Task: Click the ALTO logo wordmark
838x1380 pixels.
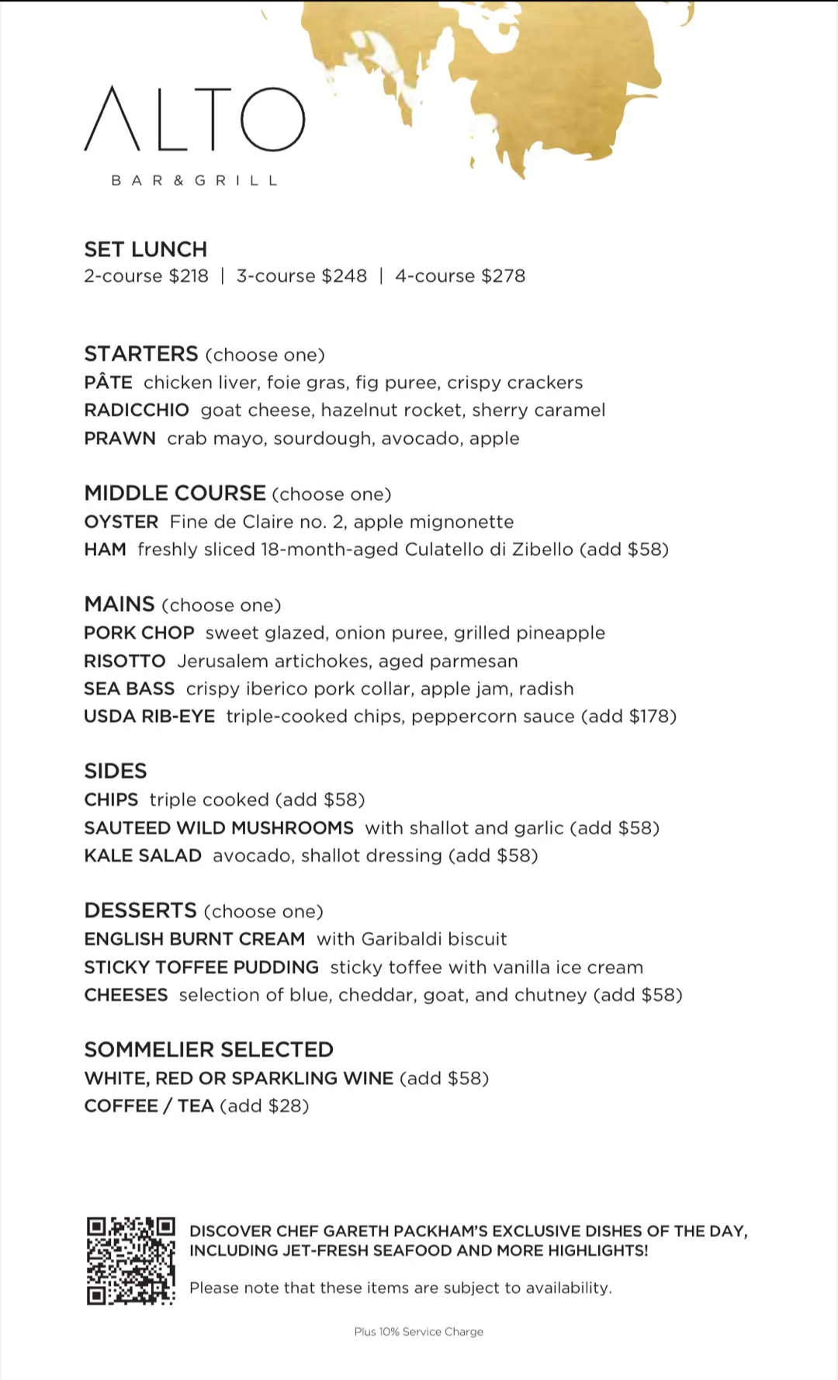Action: coord(194,120)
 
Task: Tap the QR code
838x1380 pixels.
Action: coord(130,1260)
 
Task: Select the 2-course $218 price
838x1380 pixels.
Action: coord(146,276)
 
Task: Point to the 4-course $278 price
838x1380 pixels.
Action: coord(460,276)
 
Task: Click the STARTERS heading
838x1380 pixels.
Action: coord(141,354)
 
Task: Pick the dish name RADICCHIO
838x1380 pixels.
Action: coord(137,410)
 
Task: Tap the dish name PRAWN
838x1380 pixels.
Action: coord(119,439)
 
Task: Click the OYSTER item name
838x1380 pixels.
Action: coord(121,522)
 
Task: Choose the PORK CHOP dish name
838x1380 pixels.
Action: coord(139,633)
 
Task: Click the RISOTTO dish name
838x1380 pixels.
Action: coord(125,661)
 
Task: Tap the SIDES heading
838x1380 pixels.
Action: coord(116,771)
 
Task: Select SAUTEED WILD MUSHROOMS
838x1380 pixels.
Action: coord(219,828)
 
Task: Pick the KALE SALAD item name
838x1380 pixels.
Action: coord(143,856)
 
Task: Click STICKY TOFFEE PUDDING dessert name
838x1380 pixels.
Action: coord(202,967)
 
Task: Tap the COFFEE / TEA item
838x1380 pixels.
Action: coord(149,1106)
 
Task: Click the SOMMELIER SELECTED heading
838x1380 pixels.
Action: coord(209,1049)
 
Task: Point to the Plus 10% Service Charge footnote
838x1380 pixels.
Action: coord(419,1332)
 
